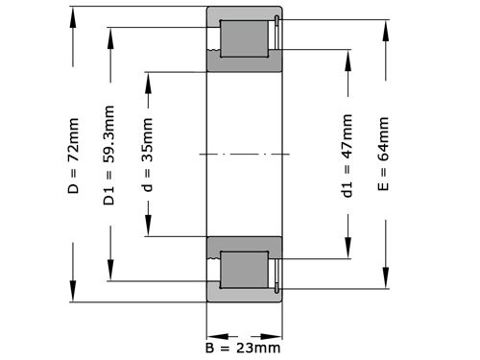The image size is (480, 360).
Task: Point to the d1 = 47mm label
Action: coord(347,155)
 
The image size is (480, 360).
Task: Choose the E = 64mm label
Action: coord(384,155)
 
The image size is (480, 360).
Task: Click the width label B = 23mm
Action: coord(243,346)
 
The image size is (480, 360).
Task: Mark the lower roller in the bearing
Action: coord(243,269)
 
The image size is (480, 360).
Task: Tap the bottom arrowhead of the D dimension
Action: coord(74,297)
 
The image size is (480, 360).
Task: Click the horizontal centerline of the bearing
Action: coord(245,155)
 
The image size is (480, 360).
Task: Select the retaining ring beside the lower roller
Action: coord(276,269)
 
